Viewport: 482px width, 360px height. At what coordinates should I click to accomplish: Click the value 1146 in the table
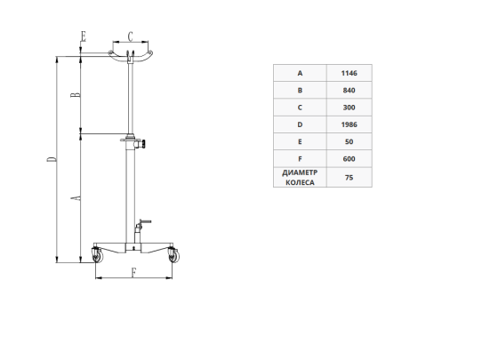click(349, 73)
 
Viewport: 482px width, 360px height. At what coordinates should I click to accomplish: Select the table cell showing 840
click(349, 91)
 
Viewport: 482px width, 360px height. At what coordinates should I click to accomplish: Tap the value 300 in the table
click(349, 108)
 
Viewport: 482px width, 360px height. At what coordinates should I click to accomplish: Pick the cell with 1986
click(349, 124)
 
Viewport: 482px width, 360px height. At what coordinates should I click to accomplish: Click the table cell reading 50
click(349, 142)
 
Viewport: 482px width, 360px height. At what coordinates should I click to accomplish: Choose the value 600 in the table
click(349, 159)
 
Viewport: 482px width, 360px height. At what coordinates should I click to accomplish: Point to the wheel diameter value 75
click(349, 178)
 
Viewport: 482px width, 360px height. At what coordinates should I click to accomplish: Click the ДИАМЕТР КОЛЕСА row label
click(300, 178)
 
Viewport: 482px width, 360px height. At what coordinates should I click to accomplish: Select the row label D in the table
click(300, 124)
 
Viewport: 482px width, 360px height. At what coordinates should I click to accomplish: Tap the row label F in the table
click(300, 159)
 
